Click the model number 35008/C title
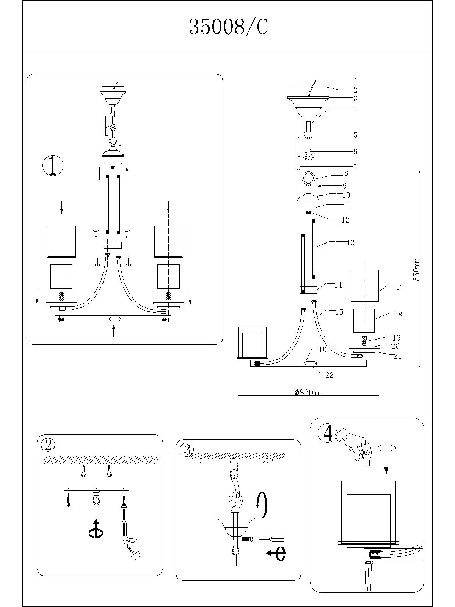(x=228, y=27)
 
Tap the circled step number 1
(x=53, y=166)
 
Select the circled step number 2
(x=48, y=445)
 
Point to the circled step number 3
(x=187, y=450)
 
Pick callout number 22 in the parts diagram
(x=329, y=375)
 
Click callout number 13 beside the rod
(x=350, y=242)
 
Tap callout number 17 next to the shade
(x=400, y=287)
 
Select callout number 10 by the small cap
(x=346, y=195)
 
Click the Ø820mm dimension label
(x=308, y=393)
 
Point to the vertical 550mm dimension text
(x=417, y=269)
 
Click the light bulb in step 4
(x=366, y=454)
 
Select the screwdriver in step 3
(x=271, y=539)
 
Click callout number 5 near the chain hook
(x=355, y=135)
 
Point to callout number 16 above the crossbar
(x=322, y=349)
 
